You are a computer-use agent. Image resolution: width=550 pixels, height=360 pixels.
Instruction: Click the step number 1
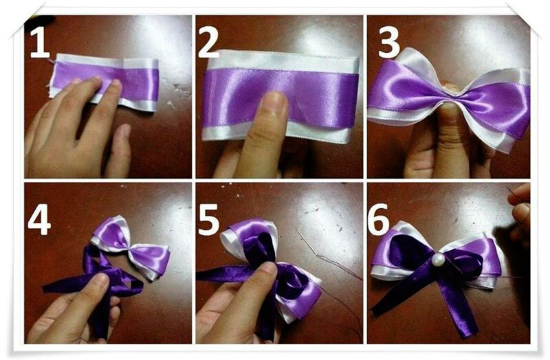click(40, 43)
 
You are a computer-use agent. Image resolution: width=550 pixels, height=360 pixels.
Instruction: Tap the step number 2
click(209, 43)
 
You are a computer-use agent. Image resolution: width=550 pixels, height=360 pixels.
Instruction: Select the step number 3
click(389, 43)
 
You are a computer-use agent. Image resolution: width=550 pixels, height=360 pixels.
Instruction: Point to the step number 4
click(39, 219)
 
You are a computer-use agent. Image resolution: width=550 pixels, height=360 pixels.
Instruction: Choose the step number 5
click(209, 220)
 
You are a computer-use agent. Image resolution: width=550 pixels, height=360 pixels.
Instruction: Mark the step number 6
click(379, 220)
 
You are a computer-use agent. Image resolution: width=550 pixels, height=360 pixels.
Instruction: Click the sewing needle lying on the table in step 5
click(306, 242)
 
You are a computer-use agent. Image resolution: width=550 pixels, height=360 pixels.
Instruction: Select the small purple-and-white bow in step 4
click(131, 247)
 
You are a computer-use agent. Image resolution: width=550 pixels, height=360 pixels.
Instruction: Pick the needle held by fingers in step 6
click(510, 192)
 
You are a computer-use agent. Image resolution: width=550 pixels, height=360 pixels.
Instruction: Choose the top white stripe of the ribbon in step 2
click(284, 61)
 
